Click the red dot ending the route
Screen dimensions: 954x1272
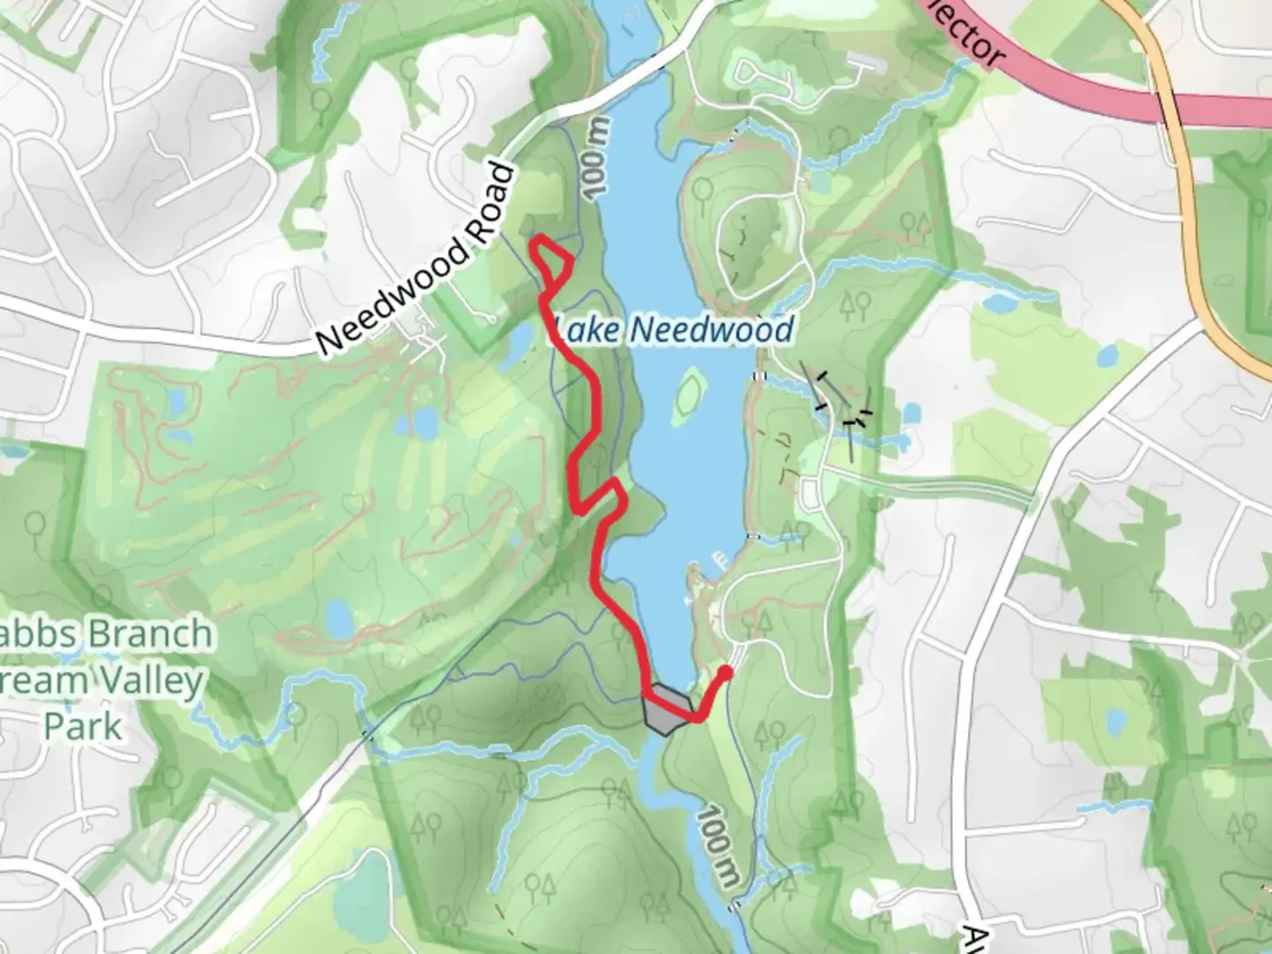(x=725, y=673)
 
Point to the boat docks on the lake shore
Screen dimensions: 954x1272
(x=717, y=558)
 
